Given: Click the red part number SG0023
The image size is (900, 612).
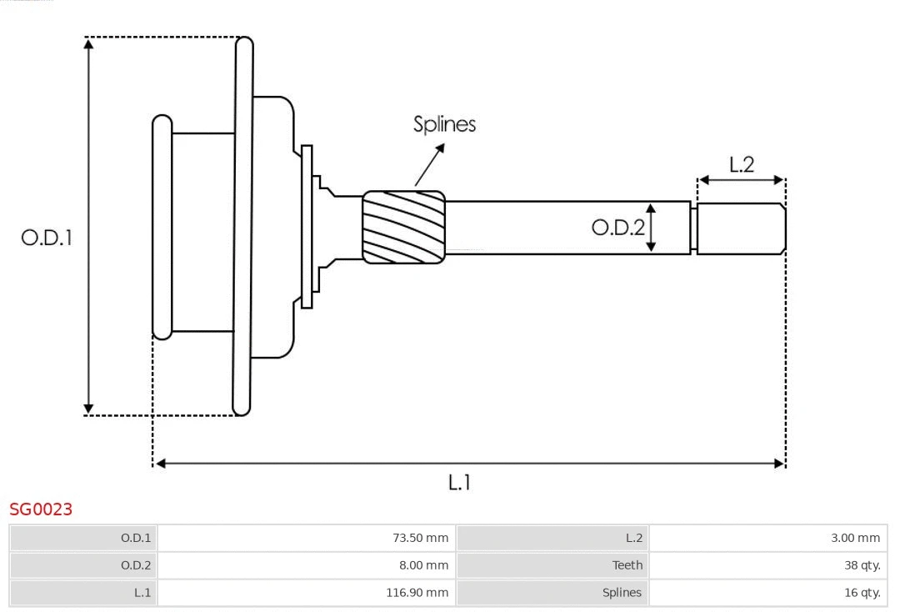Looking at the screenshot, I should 41,509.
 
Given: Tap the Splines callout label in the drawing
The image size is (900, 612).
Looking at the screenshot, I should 444,124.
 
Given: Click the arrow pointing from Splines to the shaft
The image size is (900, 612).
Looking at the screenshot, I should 429,165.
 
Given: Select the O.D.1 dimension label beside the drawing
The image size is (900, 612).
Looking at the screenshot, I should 47,238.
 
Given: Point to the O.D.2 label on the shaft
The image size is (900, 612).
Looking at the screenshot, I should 617,227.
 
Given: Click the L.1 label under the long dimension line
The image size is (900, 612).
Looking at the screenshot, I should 460,482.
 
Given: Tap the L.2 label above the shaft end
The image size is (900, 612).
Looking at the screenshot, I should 741,164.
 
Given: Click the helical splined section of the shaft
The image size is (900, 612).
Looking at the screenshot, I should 403,227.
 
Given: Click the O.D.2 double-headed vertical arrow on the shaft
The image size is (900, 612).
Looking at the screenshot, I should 652,227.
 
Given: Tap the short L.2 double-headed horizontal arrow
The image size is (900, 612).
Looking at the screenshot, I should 741,179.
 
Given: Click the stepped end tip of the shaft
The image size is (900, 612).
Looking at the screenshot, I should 741,228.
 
